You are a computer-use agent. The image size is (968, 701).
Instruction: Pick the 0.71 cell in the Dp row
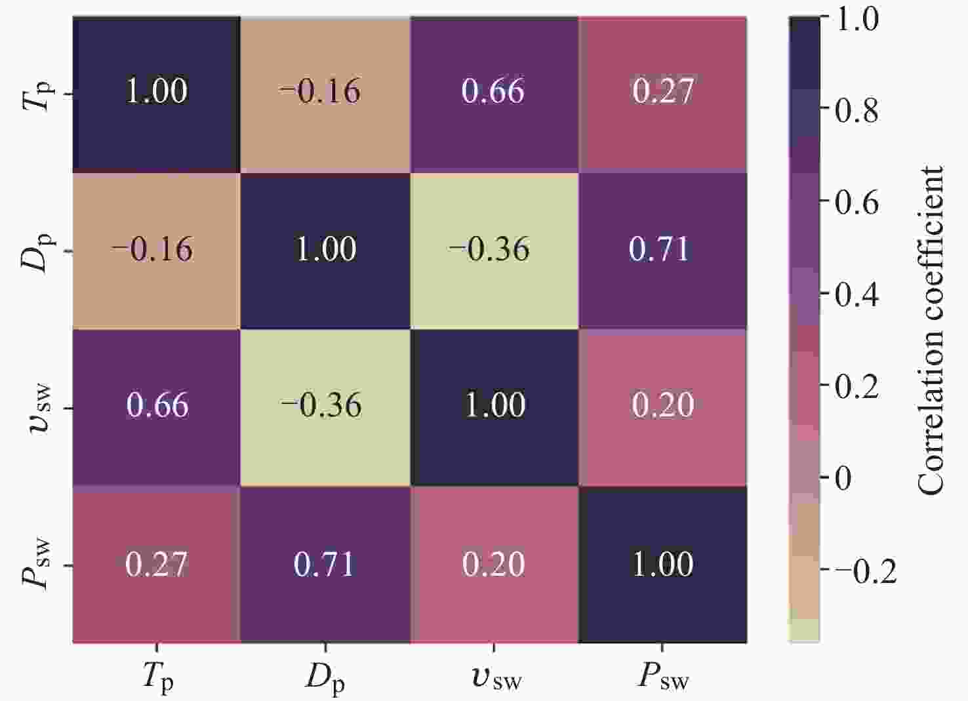(x=662, y=250)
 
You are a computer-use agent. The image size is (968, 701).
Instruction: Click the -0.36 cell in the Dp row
(x=494, y=250)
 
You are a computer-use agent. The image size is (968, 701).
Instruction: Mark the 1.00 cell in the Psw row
(x=662, y=564)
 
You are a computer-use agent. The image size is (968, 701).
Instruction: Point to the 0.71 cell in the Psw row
(x=325, y=564)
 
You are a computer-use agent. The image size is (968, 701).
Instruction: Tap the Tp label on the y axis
(x=37, y=94)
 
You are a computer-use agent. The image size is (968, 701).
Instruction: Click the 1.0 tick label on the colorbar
(x=857, y=20)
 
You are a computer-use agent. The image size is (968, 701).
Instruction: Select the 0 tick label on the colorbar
(x=843, y=478)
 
